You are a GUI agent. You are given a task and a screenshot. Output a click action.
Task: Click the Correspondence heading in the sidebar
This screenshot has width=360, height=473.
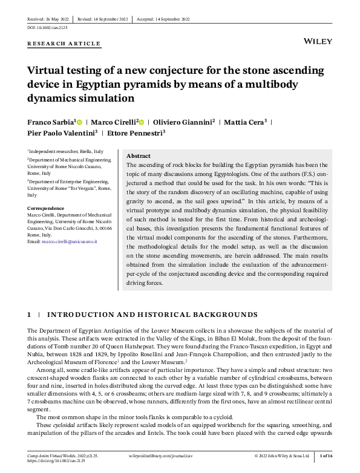click(46, 207)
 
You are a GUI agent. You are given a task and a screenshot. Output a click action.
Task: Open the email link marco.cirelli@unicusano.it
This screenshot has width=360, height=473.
click(73, 241)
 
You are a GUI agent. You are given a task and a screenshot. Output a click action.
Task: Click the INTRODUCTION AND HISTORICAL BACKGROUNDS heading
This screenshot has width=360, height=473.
click(152, 315)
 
